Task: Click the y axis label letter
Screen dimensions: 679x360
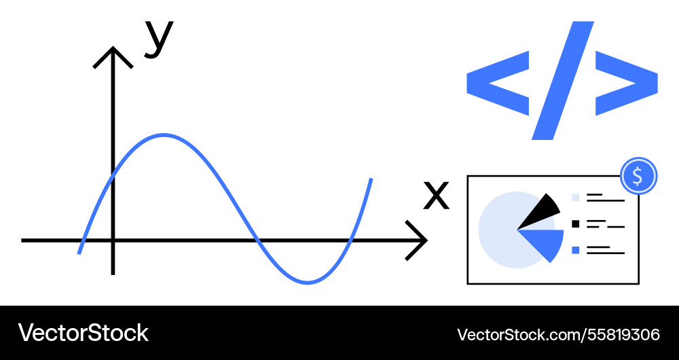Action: coord(159,39)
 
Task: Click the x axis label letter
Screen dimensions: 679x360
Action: coord(436,196)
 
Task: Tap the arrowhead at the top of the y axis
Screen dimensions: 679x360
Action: coord(113,56)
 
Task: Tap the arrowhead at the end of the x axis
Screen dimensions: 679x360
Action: coord(417,240)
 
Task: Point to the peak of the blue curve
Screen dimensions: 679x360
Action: coord(163,136)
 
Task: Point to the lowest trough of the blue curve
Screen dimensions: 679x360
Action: coord(308,283)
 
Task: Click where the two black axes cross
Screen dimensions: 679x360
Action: coord(113,240)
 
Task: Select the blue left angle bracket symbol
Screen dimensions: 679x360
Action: coord(498,83)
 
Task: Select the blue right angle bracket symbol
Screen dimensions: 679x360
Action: coord(627,83)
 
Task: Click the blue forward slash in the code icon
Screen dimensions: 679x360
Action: coord(562,81)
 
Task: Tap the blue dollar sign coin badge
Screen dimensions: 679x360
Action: coord(639,176)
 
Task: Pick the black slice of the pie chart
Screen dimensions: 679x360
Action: coord(542,212)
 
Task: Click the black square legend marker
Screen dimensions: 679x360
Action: coord(576,224)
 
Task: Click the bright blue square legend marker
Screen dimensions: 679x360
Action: coord(576,250)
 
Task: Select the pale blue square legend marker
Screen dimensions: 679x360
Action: coord(576,198)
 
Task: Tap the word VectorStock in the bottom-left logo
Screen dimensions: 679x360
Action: coord(83,333)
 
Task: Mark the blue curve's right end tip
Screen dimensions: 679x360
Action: coord(371,179)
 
